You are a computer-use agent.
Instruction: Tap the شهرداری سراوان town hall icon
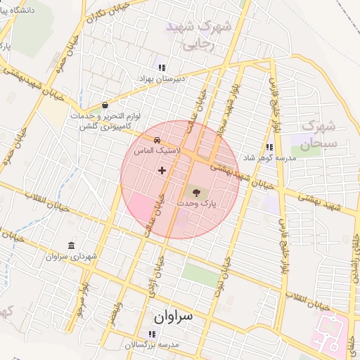tap(72, 245)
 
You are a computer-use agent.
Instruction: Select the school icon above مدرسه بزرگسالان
tap(153, 334)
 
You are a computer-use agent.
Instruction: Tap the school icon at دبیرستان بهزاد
tap(162, 68)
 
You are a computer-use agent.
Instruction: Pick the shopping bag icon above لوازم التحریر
tap(105, 103)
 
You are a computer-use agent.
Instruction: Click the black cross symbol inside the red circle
tap(162, 169)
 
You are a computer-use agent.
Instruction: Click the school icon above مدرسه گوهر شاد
tap(269, 147)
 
